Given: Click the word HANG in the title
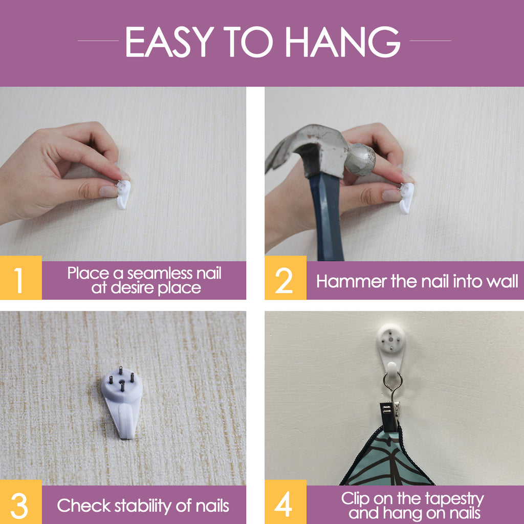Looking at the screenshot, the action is coord(343,42).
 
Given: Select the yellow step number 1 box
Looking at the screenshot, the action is coord(20,277).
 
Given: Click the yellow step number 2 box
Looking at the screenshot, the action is coord(286,277).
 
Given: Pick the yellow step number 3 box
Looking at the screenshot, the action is coord(20,502).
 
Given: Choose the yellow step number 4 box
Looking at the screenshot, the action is coord(286,502).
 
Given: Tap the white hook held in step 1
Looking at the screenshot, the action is coord(123,194).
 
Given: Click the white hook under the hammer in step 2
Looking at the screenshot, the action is coord(407,198).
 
